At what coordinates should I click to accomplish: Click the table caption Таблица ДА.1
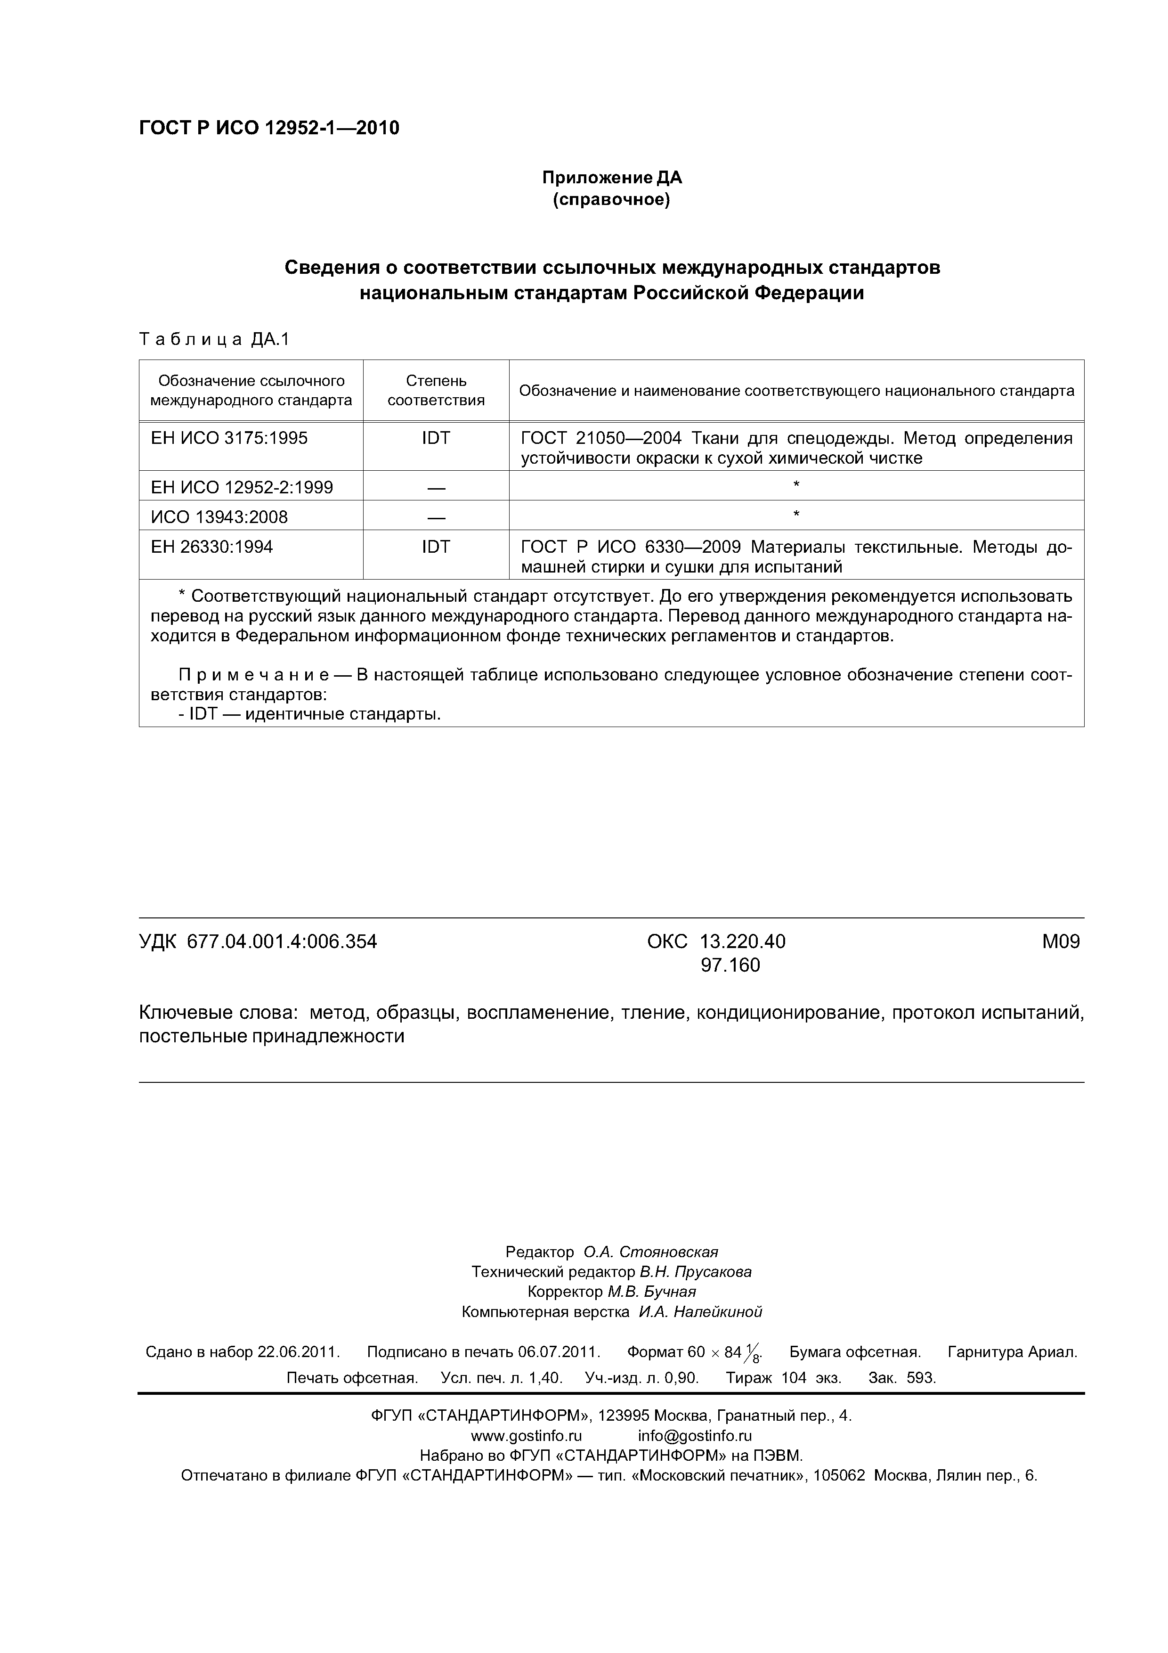click(214, 339)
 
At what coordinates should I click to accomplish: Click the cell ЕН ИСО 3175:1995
click(229, 438)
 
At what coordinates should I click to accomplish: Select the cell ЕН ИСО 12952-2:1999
click(242, 487)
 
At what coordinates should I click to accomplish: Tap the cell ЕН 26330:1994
click(211, 547)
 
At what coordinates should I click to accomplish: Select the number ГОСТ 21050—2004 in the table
click(601, 438)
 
